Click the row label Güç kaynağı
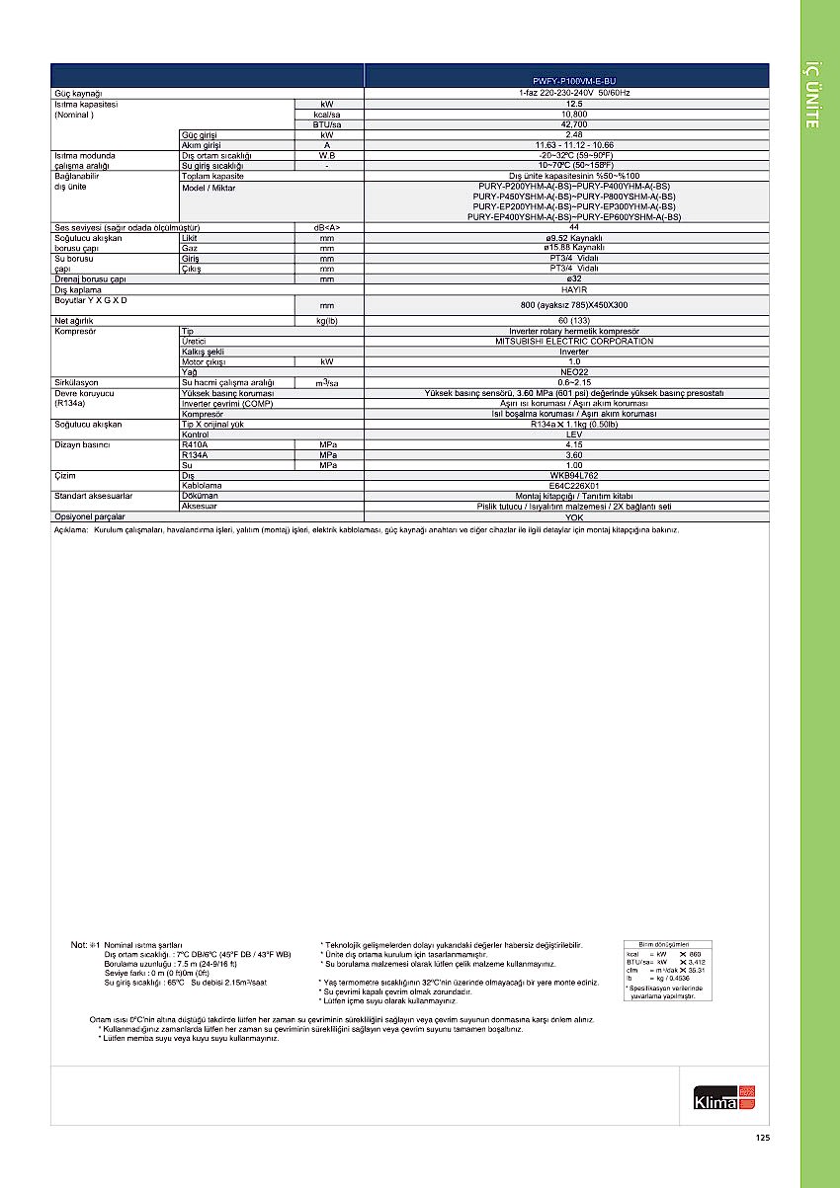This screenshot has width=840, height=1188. point(78,92)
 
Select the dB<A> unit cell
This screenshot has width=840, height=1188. point(326,227)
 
